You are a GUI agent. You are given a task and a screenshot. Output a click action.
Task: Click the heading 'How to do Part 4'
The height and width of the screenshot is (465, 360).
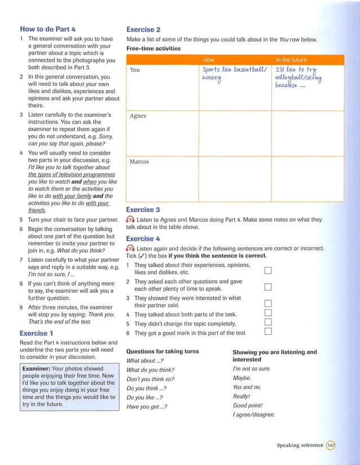[47, 29]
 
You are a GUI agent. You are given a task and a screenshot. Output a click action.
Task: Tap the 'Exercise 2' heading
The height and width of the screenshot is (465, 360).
[143, 29]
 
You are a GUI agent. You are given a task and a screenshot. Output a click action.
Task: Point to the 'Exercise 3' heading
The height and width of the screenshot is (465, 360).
[143, 209]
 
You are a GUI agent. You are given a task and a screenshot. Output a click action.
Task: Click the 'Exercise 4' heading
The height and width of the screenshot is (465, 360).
[143, 238]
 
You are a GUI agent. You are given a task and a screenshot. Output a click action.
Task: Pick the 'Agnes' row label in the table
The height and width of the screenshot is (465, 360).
[138, 116]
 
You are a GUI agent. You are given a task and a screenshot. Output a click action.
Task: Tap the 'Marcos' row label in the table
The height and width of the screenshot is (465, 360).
[139, 161]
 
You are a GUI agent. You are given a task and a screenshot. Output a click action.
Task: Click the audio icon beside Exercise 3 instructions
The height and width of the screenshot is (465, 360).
[130, 220]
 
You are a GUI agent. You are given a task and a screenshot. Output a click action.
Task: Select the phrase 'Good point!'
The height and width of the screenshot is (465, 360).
[249, 405]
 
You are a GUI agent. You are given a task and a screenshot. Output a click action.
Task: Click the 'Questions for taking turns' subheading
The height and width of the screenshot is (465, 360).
[163, 351]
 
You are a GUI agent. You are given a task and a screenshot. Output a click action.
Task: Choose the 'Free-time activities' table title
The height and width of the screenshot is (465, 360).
[153, 49]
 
